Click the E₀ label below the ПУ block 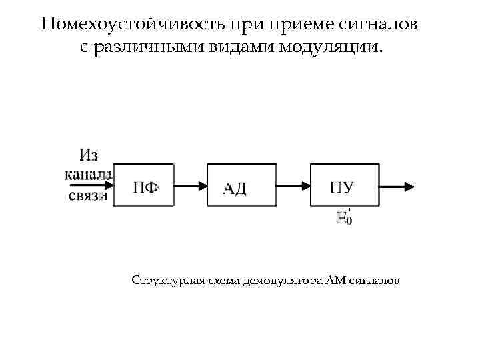(344, 217)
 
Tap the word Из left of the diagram (89, 156)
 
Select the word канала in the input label (89, 175)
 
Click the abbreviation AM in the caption (335, 280)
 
